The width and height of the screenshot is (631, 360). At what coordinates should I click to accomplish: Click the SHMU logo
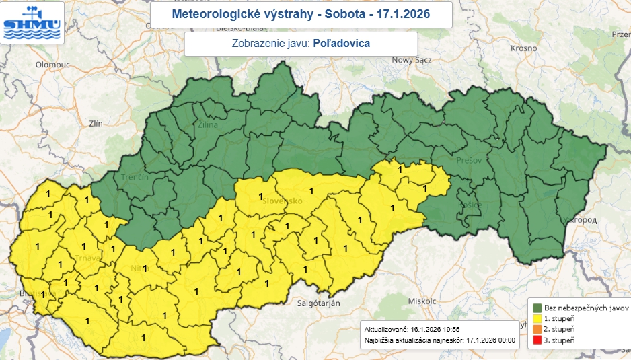[33, 22]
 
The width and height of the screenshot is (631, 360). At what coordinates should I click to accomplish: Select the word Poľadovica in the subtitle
[342, 44]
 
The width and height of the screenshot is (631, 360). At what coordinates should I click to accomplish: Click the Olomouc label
[53, 65]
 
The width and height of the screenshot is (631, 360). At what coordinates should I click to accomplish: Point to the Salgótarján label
[318, 303]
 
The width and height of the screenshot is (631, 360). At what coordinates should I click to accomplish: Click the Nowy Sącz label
[415, 60]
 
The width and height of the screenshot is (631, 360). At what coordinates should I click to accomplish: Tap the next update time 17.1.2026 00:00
[486, 340]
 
